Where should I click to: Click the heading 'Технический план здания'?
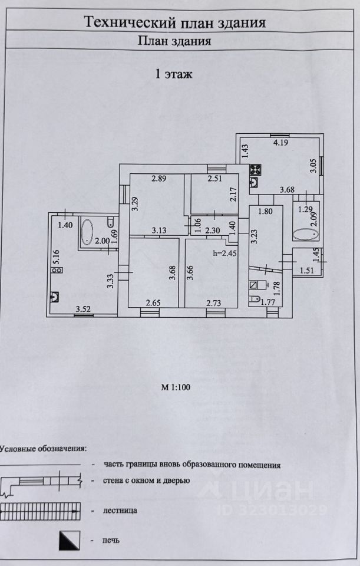(x=175, y=22)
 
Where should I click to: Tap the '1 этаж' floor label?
(x=173, y=74)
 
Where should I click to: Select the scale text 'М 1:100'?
(x=176, y=387)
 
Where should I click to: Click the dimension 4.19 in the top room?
(x=280, y=142)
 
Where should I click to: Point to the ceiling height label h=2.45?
(x=225, y=253)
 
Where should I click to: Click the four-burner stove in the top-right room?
(x=255, y=170)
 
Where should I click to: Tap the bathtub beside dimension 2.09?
(x=305, y=234)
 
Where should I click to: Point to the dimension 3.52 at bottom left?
(x=83, y=308)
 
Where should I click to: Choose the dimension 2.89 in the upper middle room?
(x=158, y=178)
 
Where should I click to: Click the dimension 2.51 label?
(x=214, y=178)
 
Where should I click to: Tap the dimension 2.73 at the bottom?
(x=213, y=303)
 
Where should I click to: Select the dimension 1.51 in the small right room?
(x=307, y=271)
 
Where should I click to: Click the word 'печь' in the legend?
(x=111, y=541)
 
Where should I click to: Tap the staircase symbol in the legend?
(x=39, y=512)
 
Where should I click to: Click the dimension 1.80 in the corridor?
(x=266, y=211)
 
